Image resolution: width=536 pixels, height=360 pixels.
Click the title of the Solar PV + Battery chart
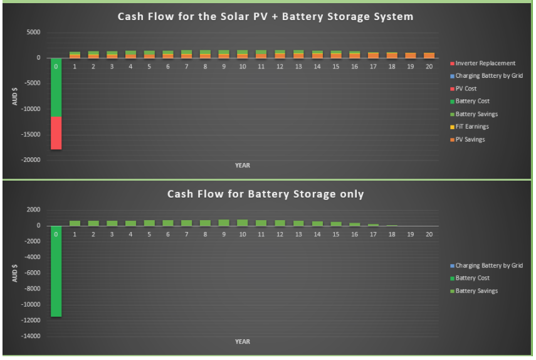266,16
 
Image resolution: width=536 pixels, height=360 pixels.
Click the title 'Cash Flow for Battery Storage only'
266,194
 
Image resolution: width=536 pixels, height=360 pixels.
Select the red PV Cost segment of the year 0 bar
56,133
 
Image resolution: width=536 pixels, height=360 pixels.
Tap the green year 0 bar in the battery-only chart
56,271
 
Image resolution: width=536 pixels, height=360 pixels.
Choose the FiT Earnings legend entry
470,127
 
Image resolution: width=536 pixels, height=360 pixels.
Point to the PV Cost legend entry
463,88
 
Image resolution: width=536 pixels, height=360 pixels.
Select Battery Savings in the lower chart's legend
474,291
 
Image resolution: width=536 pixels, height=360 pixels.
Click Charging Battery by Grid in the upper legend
486,76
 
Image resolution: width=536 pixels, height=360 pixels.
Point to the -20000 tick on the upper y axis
31,160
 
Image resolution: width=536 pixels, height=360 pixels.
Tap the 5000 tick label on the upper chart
33,32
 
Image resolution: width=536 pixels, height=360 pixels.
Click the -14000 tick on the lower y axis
31,336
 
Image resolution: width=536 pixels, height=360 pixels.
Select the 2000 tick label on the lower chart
33,209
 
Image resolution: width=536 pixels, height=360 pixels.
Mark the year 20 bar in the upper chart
429,55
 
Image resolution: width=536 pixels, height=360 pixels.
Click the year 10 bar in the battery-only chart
243,223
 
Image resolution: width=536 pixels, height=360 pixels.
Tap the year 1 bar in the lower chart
75,223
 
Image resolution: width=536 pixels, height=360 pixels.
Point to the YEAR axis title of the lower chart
243,342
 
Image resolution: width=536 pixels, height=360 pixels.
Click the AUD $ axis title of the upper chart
14,96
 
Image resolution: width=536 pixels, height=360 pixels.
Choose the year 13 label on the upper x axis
298,66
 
